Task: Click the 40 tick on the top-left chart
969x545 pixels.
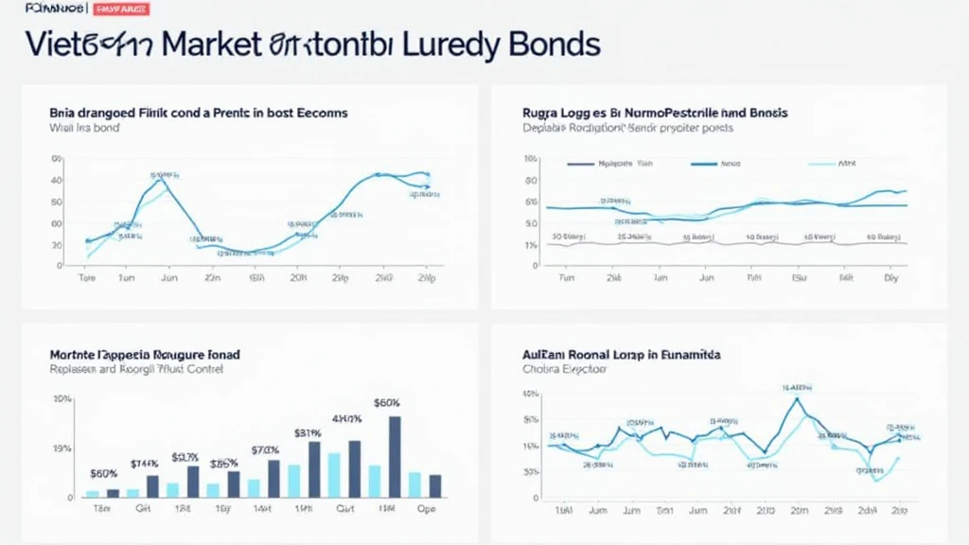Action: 56,180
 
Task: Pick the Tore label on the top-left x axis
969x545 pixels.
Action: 87,279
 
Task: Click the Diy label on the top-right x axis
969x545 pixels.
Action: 890,279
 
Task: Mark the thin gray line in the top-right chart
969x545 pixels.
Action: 719,243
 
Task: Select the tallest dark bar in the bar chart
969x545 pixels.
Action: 395,456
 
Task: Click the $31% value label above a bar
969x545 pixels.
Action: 308,433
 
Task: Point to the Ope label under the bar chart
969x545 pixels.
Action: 427,508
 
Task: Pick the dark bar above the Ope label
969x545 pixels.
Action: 435,485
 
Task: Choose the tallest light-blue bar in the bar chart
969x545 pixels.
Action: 334,475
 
